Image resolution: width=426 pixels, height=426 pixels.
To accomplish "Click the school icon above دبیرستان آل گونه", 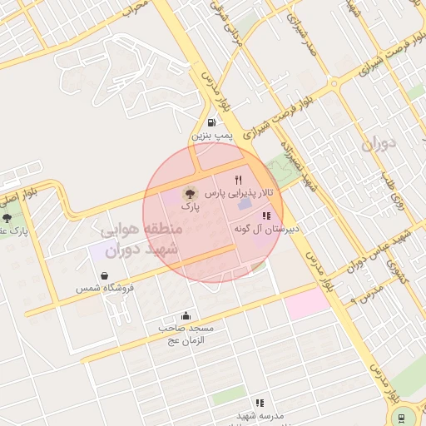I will click(266, 215).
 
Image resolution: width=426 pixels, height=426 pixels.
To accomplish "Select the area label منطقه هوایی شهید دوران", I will click(138, 238).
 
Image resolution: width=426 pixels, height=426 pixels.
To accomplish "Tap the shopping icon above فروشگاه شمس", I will click(105, 275).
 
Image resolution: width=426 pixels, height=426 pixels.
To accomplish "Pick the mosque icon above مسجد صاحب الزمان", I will click(186, 316).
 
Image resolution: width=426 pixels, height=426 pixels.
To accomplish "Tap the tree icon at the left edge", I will click(7, 217).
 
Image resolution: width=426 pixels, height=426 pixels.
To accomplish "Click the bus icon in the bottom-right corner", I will click(403, 418).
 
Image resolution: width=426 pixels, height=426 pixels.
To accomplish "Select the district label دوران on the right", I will click(379, 145).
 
